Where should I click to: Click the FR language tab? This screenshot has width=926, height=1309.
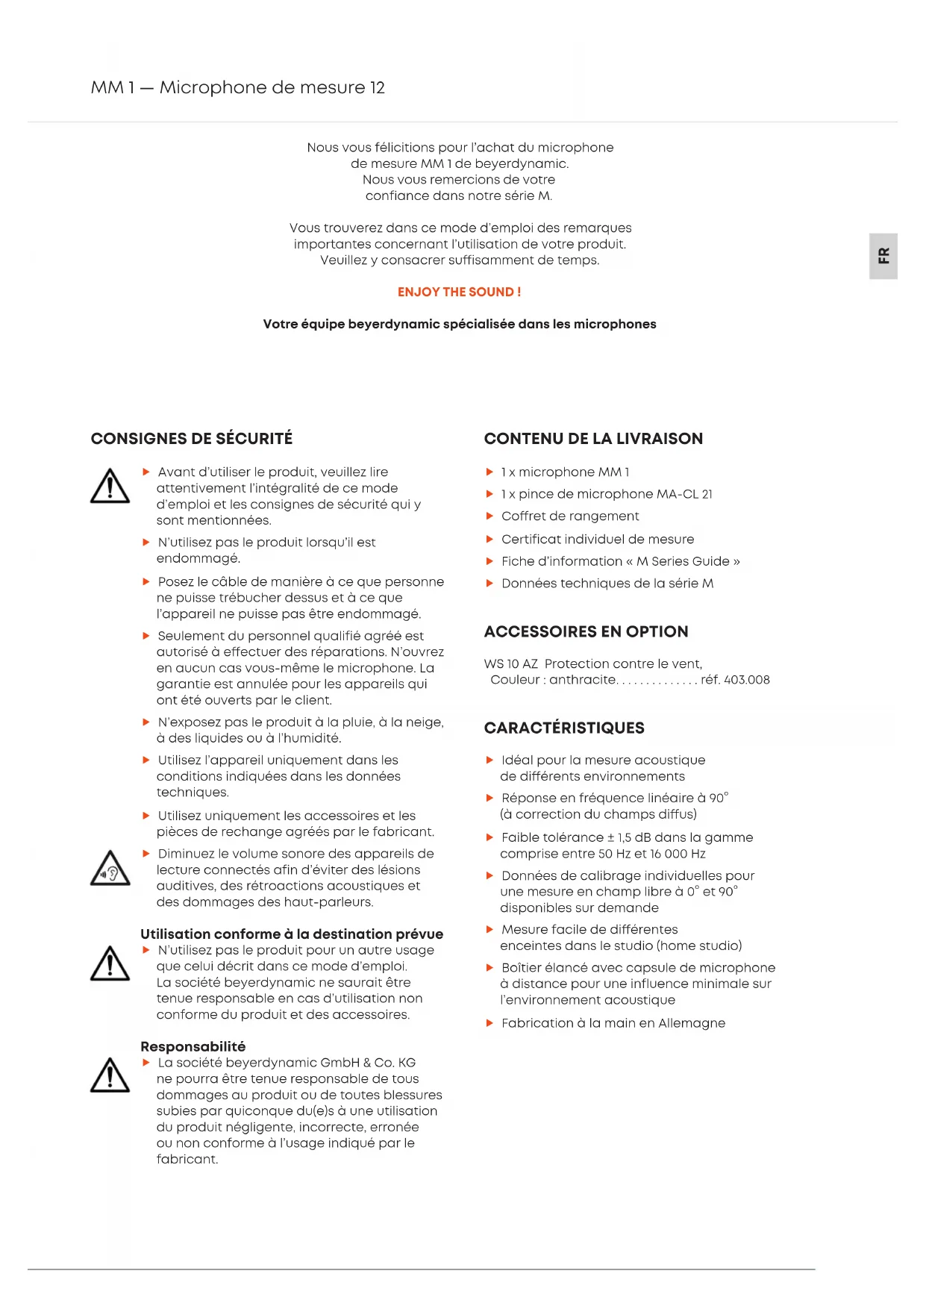click(883, 256)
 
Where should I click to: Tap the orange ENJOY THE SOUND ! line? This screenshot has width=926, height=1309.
click(459, 292)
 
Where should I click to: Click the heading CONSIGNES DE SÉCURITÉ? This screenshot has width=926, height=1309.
click(192, 439)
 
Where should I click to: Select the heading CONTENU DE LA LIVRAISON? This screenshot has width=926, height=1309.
click(593, 439)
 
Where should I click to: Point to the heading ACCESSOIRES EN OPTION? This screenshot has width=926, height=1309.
click(586, 631)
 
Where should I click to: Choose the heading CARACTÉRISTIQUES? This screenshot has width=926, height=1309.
click(564, 728)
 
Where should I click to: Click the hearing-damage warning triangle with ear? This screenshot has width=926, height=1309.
click(110, 869)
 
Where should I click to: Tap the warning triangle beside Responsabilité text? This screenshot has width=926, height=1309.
click(110, 1076)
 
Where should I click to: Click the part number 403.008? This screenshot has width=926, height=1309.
click(746, 680)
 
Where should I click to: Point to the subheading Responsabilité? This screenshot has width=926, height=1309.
click(193, 1046)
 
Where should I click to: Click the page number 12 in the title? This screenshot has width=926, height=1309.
click(378, 88)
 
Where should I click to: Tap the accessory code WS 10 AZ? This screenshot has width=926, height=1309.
click(510, 663)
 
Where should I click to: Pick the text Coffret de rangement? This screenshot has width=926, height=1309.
click(570, 516)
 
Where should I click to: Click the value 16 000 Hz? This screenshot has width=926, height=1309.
click(678, 854)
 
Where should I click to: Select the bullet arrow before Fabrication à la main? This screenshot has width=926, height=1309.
click(489, 1023)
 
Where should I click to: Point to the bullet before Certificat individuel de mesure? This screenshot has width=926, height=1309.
click(489, 539)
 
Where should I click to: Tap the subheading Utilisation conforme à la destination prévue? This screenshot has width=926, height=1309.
click(292, 934)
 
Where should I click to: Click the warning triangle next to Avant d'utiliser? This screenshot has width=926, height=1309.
click(110, 487)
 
